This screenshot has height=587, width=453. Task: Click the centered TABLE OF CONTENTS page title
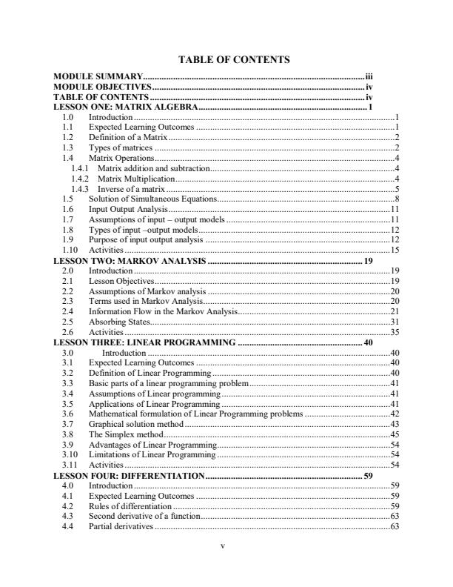[x=227, y=59]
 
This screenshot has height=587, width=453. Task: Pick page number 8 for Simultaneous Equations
[x=397, y=199]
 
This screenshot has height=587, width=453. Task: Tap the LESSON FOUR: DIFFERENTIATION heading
[x=129, y=475]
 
